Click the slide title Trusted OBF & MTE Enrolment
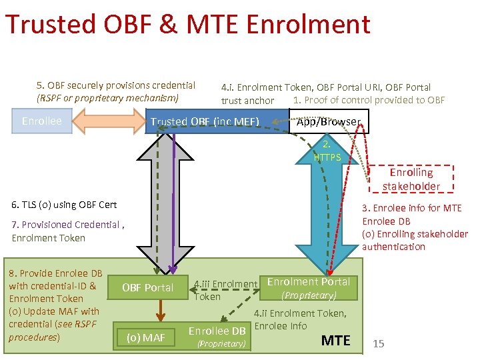pos(187,24)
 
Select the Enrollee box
pos(41,121)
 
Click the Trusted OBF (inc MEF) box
pos(204,121)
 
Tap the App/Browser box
pos(328,121)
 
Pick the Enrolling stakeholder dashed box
pos(411,179)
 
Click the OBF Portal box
pos(148,287)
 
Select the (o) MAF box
pos(145,337)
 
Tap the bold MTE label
pos(335,341)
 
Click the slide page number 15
pos(379,343)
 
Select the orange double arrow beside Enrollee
pos(109,121)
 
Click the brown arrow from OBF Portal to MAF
pos(159,311)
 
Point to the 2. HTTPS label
pos(327,151)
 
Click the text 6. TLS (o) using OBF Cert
pos(64,205)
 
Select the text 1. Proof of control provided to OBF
pos(369,100)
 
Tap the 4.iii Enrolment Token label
pos(225,290)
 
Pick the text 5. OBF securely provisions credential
pos(116,85)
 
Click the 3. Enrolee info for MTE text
pos(411,208)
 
